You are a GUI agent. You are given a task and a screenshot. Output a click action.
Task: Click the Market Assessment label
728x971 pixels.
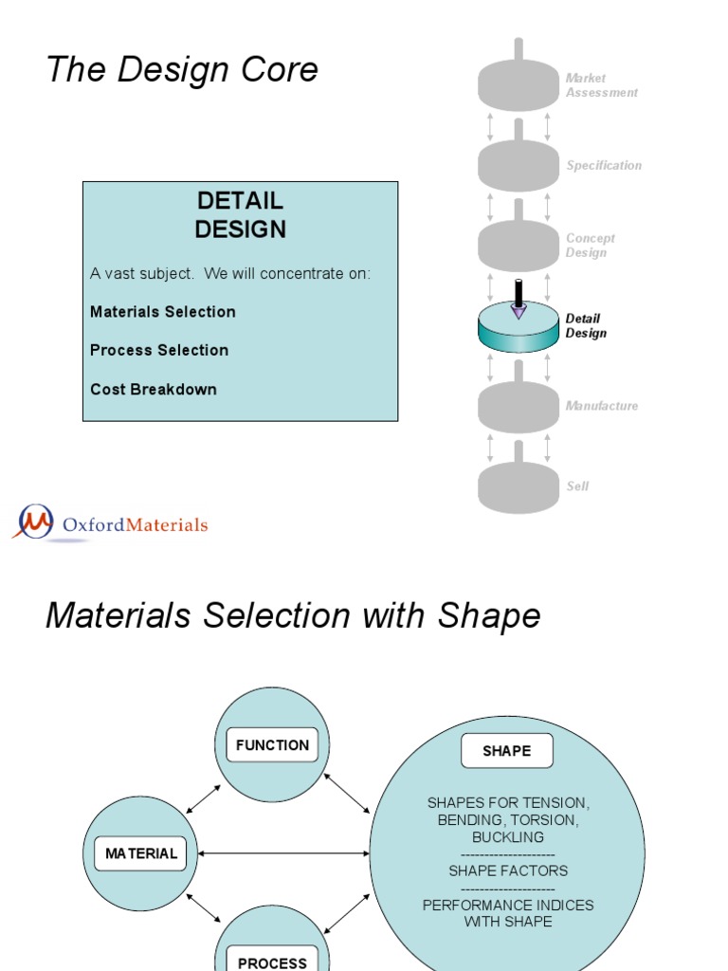[x=601, y=85]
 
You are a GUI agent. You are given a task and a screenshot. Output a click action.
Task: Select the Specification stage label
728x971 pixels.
[x=604, y=165]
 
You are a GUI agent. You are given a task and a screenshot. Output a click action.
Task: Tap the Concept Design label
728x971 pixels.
[x=591, y=246]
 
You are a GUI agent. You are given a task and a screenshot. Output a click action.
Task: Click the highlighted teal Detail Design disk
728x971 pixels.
[x=518, y=332]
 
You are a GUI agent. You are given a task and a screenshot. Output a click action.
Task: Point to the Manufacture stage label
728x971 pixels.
[x=601, y=406]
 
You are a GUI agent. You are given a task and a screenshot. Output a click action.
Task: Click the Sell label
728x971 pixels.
[x=577, y=485]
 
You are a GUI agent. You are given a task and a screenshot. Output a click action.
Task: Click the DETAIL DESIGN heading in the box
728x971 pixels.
[x=241, y=215]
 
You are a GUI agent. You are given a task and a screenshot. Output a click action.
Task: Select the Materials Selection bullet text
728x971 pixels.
[x=163, y=312]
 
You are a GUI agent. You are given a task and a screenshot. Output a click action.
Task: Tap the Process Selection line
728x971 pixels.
[x=159, y=350]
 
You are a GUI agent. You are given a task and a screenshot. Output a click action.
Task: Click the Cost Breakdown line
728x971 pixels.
[x=154, y=389]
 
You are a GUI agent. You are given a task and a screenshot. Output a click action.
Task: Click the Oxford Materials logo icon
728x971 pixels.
[x=33, y=522]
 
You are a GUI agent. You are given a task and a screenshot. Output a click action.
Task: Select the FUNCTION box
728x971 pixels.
[x=273, y=745]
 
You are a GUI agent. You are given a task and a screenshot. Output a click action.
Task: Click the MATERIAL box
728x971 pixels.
[x=141, y=853]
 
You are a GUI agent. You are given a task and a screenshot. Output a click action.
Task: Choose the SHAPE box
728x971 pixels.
[x=507, y=751]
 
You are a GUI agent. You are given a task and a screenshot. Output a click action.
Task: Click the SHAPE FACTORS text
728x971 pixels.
[x=508, y=870]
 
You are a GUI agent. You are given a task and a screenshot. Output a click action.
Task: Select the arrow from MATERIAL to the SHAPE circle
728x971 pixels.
[x=284, y=853]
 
